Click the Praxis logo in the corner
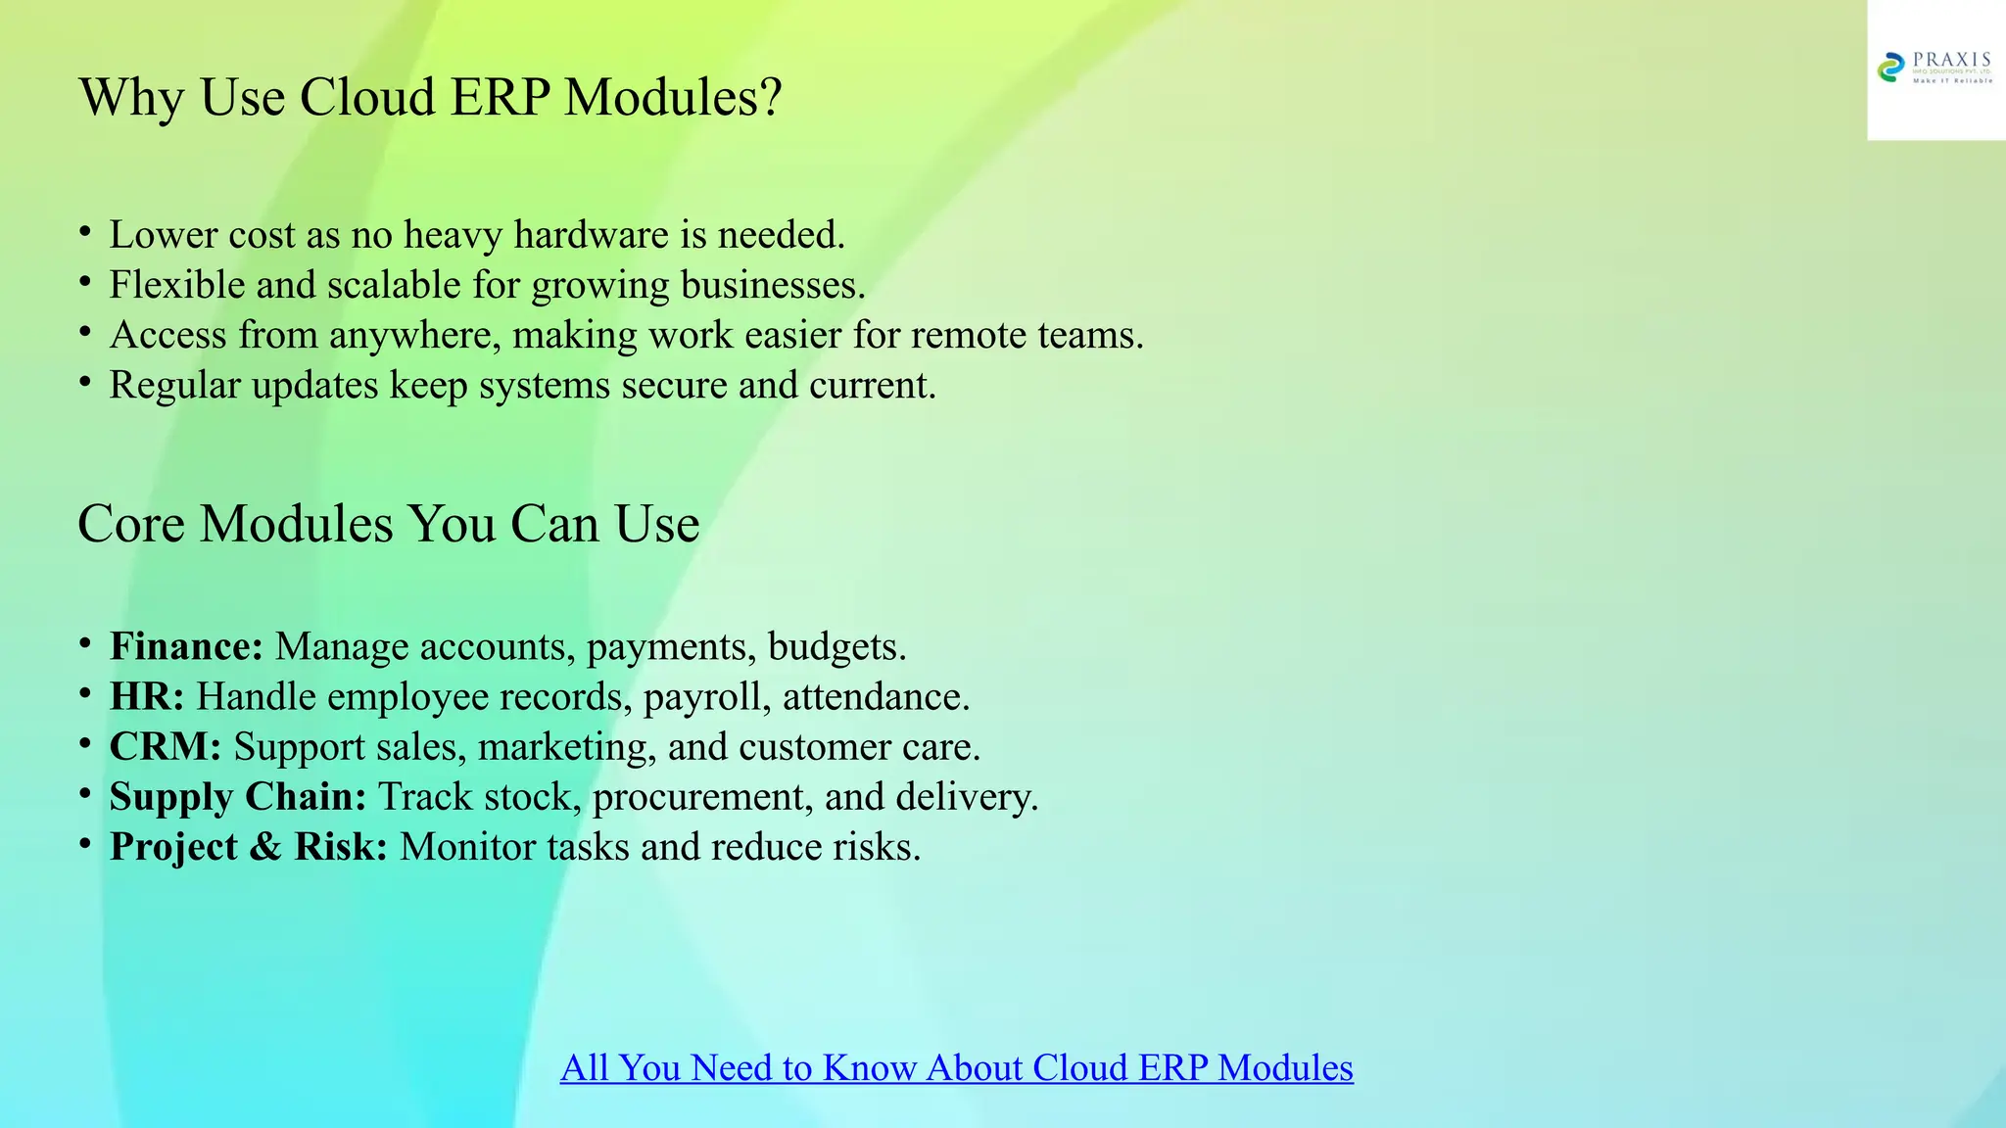point(1935,69)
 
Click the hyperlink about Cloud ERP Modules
point(956,1067)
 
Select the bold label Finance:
point(186,647)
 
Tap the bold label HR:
point(147,697)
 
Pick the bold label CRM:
point(166,747)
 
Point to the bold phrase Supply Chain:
point(238,797)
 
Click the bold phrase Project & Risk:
point(249,847)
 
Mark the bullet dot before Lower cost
point(85,232)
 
